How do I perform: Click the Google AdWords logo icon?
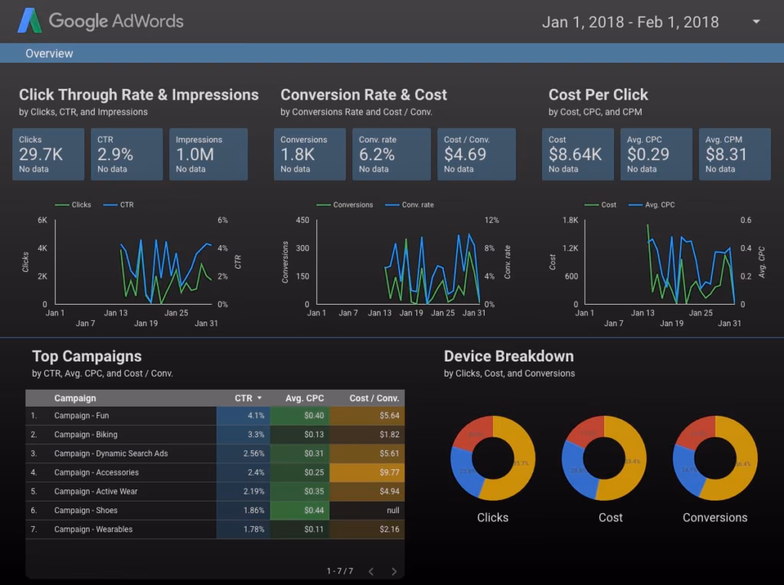pyautogui.click(x=30, y=21)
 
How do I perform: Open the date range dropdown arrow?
pyautogui.click(x=756, y=21)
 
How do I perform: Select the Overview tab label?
pyautogui.click(x=49, y=54)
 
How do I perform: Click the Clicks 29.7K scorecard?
pyautogui.click(x=48, y=154)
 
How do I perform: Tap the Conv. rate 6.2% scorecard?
pyautogui.click(x=393, y=154)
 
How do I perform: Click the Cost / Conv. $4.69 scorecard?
pyautogui.click(x=476, y=154)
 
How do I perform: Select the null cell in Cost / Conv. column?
pyautogui.click(x=367, y=511)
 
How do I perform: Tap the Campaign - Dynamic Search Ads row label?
pyautogui.click(x=111, y=453)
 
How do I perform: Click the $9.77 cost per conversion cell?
pyautogui.click(x=367, y=472)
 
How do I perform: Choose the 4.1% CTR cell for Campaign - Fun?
pyautogui.click(x=243, y=416)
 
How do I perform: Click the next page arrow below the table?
pyautogui.click(x=394, y=571)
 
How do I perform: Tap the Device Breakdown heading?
pyautogui.click(x=508, y=356)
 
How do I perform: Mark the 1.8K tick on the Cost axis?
pyautogui.click(x=570, y=221)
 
